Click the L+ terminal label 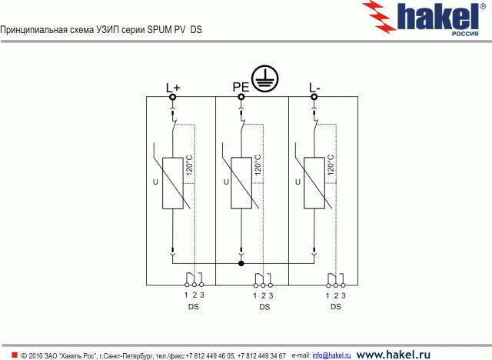point(173,87)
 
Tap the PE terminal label point(241,87)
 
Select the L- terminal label point(314,87)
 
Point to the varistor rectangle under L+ point(173,183)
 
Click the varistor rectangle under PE point(242,183)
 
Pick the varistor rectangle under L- point(314,183)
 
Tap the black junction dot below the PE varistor point(241,264)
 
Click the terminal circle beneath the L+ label point(173,97)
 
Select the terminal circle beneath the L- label point(314,97)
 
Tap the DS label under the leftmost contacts point(194,307)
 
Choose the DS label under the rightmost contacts point(336,307)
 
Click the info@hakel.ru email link point(331,355)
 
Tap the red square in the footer point(14,354)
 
